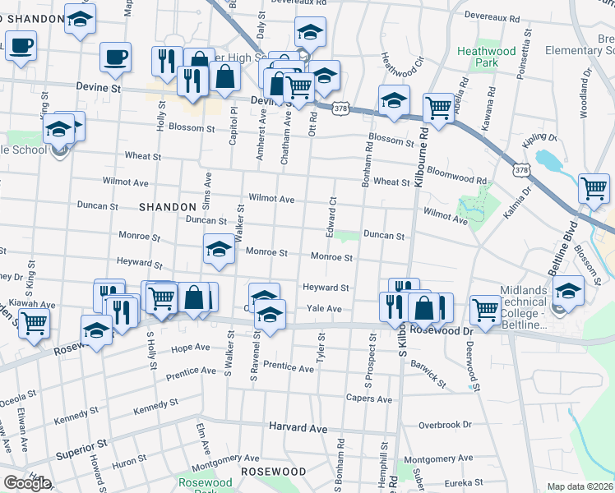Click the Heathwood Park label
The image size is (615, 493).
click(x=487, y=57)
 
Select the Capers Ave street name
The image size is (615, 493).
click(x=373, y=399)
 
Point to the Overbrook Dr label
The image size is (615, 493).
click(x=445, y=425)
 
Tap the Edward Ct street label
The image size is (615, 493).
click(x=332, y=213)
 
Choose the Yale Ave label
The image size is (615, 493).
click(x=323, y=308)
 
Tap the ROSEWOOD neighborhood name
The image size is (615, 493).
click(x=273, y=472)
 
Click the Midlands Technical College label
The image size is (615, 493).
click(x=523, y=307)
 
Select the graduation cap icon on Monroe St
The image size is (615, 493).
click(x=219, y=250)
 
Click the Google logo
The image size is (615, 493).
click(x=27, y=483)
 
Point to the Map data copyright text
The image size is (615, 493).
click(x=580, y=486)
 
